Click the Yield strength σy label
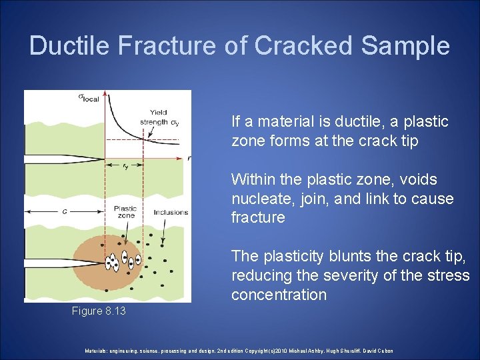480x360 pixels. [159, 117]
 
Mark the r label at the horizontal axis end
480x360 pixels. [188, 159]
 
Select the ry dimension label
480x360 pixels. [125, 167]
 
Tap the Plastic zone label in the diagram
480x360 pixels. [125, 211]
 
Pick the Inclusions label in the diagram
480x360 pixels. [170, 212]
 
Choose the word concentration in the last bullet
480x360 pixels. [279, 295]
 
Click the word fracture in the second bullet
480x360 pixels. [258, 218]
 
